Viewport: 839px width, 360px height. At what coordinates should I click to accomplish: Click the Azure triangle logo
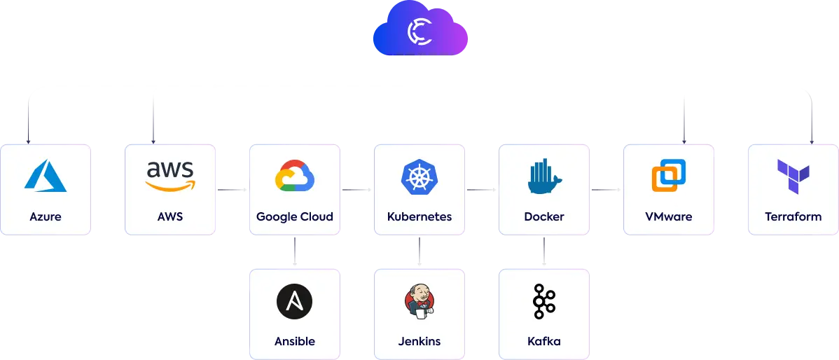pos(46,175)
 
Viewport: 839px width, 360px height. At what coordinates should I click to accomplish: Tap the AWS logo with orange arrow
pos(170,175)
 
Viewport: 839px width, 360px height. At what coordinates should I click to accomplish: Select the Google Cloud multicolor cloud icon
pos(295,176)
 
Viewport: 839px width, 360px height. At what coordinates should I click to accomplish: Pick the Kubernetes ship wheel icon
pos(419,176)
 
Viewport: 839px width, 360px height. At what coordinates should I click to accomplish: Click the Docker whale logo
pos(543,176)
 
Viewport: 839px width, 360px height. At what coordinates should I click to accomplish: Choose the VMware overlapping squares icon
pos(668,175)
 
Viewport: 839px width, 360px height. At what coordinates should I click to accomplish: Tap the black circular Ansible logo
pos(294,302)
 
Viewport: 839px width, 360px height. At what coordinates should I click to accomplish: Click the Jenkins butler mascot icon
pos(419,302)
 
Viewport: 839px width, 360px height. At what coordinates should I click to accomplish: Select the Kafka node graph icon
pos(543,302)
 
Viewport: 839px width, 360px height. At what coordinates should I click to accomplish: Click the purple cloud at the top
pos(419,32)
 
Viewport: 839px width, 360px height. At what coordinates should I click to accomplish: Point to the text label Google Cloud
pos(295,216)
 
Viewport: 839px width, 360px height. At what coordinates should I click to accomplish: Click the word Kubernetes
pos(419,216)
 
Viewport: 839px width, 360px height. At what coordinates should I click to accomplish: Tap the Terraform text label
pos(793,216)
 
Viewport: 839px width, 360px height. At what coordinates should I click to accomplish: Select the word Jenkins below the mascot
pos(419,342)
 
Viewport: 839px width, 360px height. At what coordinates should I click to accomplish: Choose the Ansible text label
pos(295,342)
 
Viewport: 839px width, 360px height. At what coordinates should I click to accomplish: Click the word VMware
pos(668,216)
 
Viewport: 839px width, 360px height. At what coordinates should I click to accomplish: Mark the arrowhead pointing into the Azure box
pos(29,141)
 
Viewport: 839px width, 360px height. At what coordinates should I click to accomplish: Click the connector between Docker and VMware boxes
pos(606,188)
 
